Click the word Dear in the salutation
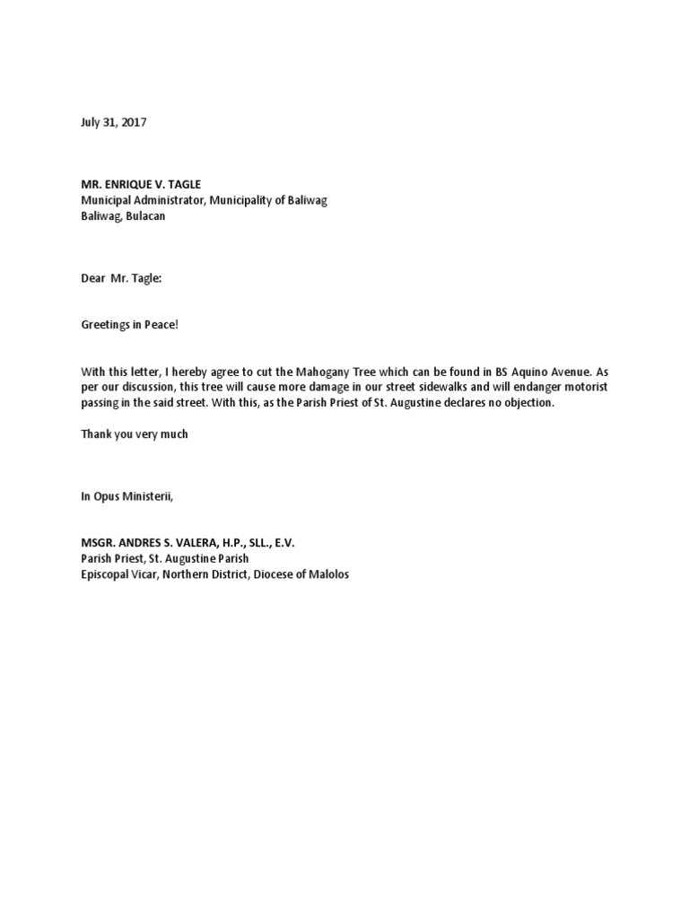(93, 278)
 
